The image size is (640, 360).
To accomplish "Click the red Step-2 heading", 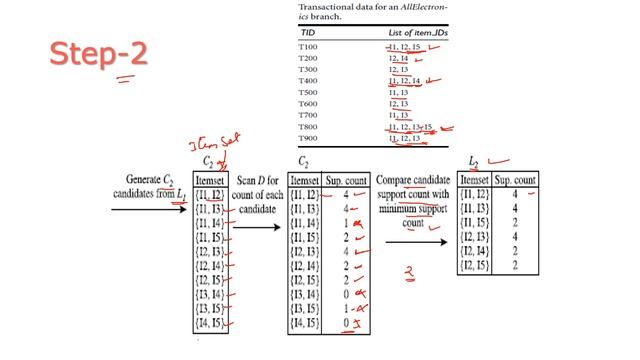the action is pyautogui.click(x=97, y=54).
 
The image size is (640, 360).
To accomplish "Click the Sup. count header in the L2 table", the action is pyautogui.click(x=516, y=179).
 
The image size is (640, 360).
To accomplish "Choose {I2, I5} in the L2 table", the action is pyautogui.click(x=476, y=265).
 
